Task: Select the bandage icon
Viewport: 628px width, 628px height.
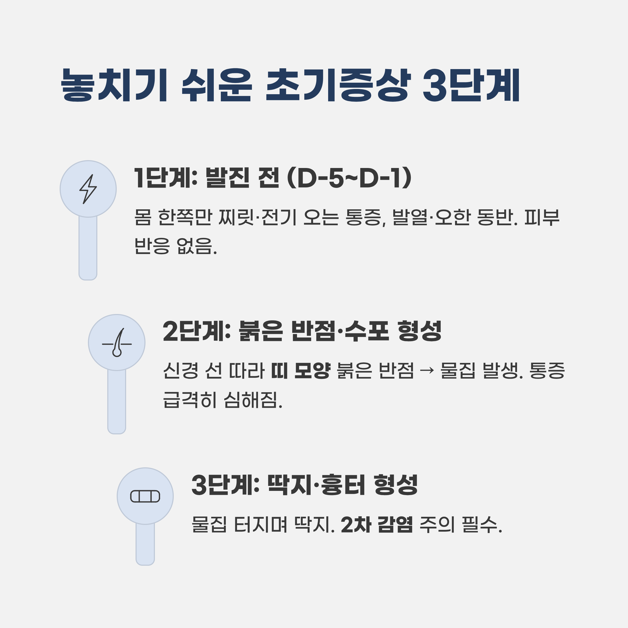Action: pyautogui.click(x=145, y=496)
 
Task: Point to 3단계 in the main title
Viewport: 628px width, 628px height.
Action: pyautogui.click(x=471, y=85)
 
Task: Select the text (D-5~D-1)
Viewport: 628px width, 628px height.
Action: pyautogui.click(x=349, y=178)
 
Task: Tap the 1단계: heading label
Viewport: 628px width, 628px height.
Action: pyautogui.click(x=166, y=178)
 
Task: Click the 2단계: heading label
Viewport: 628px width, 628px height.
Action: pyautogui.click(x=197, y=331)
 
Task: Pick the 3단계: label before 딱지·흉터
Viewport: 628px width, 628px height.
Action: pyautogui.click(x=225, y=485)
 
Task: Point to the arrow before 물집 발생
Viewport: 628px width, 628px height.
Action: pyautogui.click(x=427, y=371)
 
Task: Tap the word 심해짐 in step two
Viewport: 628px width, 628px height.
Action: pyautogui.click(x=253, y=400)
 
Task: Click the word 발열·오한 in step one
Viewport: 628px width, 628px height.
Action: pyautogui.click(x=432, y=217)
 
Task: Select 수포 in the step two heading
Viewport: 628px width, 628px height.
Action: pyautogui.click(x=367, y=331)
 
